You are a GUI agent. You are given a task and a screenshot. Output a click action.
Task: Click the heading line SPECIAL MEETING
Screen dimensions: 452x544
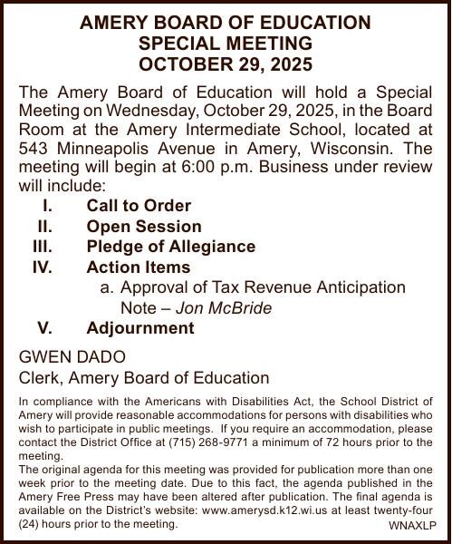pyautogui.click(x=226, y=44)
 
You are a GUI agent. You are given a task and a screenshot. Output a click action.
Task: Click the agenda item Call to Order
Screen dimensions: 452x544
pyautogui.click(x=139, y=206)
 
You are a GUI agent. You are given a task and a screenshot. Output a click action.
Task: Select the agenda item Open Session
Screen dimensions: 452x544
pyautogui.click(x=144, y=227)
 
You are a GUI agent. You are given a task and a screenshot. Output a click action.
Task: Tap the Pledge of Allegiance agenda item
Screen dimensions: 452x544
pyautogui.click(x=170, y=247)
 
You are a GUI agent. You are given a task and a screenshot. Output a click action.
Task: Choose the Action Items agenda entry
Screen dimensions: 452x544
pyautogui.click(x=139, y=267)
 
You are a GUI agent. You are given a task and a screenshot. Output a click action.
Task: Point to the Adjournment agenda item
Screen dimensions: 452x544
pyautogui.click(x=140, y=328)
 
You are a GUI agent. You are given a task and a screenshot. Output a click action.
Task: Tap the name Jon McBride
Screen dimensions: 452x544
pyautogui.click(x=224, y=308)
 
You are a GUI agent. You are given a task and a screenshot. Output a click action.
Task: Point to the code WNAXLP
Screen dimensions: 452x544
pyautogui.click(x=412, y=525)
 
